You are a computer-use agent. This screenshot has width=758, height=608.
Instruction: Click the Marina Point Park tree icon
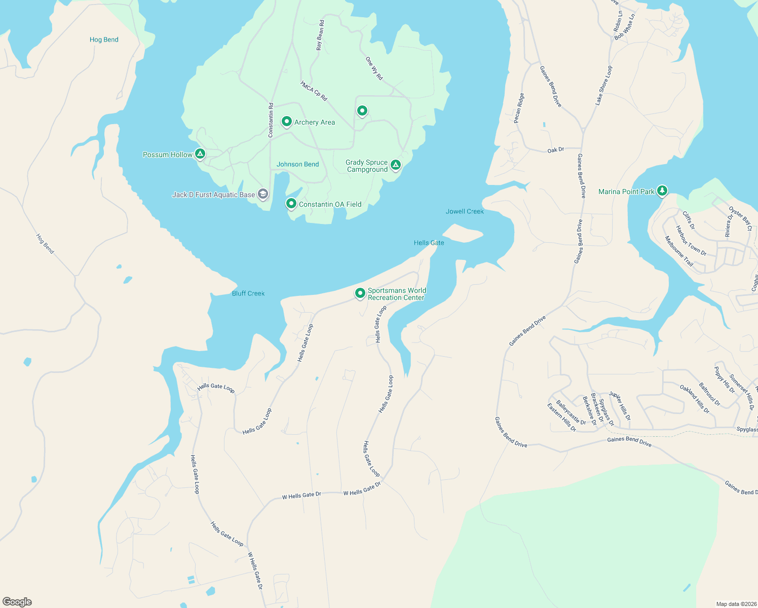[x=662, y=191]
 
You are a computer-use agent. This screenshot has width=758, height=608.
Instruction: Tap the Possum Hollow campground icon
[x=200, y=154]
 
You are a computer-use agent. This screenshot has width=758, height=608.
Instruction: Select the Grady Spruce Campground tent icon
[x=395, y=165]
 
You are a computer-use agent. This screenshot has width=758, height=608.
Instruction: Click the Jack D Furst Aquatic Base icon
[x=262, y=194]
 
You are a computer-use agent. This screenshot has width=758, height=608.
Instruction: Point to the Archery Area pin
[x=287, y=122]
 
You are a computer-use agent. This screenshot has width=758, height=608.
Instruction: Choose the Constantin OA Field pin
[x=291, y=204]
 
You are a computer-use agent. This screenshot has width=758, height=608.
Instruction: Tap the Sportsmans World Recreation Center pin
[x=360, y=293]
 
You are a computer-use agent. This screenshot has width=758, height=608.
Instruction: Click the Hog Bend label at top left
[x=104, y=40]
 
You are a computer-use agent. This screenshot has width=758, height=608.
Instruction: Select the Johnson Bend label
[x=297, y=164]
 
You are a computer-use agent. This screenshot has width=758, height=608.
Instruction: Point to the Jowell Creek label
[x=465, y=211]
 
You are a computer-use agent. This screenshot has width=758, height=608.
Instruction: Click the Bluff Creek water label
[x=248, y=293]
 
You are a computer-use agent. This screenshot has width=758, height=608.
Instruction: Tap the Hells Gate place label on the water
[x=429, y=243]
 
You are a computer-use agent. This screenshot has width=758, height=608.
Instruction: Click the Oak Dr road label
[x=555, y=150]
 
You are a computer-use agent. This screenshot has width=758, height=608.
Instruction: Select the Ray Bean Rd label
[x=320, y=35]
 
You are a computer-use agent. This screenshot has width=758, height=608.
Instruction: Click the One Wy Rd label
[x=374, y=68]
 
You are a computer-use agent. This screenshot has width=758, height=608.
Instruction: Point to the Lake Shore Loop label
[x=603, y=85]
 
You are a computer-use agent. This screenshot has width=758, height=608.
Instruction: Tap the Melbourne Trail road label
[x=679, y=251]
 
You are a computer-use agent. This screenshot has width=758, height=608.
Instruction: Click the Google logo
[x=17, y=602]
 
